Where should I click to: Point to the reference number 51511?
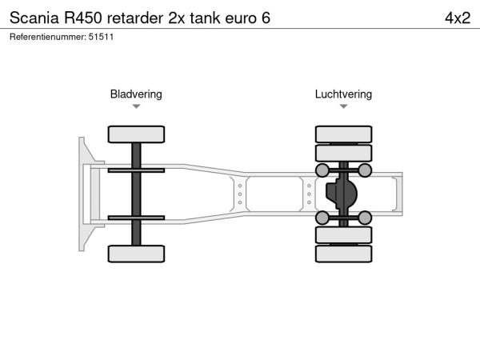point(102,38)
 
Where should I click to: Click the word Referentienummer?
point(45,38)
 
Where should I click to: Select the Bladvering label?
point(136,94)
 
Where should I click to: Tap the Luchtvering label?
point(343,94)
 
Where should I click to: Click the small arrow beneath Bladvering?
point(136,106)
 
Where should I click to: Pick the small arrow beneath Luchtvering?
point(343,106)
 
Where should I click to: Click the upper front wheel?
point(136,134)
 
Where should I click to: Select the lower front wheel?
point(136,254)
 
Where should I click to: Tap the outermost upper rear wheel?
point(343,134)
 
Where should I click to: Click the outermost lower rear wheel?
point(343,254)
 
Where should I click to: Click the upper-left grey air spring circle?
point(322,170)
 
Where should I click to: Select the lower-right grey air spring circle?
point(364,218)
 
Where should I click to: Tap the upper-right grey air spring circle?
point(364,170)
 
